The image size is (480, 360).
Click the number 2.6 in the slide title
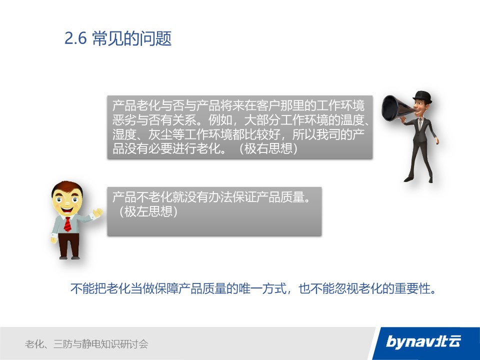tap(75, 39)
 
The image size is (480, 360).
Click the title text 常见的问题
tap(131, 38)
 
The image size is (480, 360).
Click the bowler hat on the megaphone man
tap(422, 96)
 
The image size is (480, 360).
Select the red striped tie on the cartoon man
tap(67, 224)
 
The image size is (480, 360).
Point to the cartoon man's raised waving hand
tap(98, 212)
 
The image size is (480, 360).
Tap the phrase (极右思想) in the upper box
tap(268, 149)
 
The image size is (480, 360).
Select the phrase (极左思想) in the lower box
tap(148, 211)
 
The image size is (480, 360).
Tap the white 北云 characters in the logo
tap(448, 341)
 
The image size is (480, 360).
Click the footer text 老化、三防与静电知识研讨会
tap(86, 344)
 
